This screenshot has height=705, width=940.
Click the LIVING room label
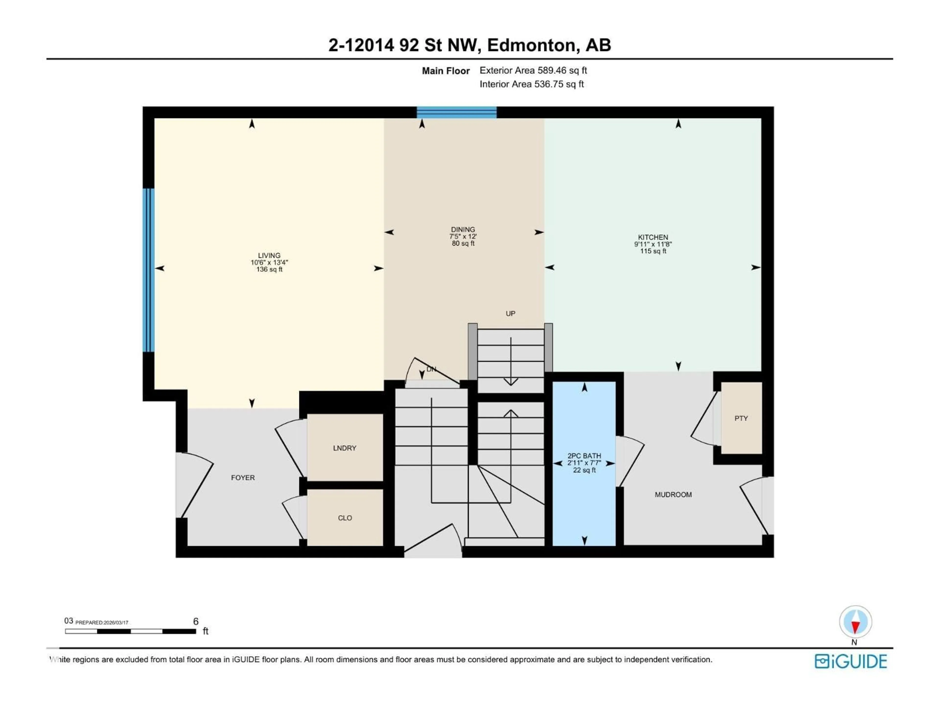click(x=269, y=255)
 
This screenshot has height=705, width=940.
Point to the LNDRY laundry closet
click(x=345, y=448)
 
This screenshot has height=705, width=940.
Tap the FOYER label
click(x=243, y=478)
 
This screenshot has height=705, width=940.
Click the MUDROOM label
click(x=673, y=495)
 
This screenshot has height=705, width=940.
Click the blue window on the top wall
click(x=456, y=112)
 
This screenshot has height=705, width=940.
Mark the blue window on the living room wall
click(x=148, y=270)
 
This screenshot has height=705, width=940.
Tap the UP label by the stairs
click(x=510, y=314)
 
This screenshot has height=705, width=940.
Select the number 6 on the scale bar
click(x=196, y=621)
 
